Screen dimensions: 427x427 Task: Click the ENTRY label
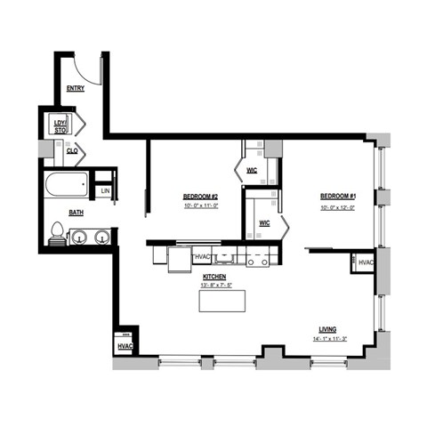pyautogui.click(x=77, y=89)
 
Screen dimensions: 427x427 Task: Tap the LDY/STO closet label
pyautogui.click(x=60, y=125)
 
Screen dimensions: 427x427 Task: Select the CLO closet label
pyautogui.click(x=71, y=151)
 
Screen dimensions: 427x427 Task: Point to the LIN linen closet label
pyautogui.click(x=105, y=190)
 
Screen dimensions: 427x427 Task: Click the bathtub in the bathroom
pyautogui.click(x=67, y=188)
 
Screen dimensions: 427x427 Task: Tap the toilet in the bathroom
pyautogui.click(x=58, y=235)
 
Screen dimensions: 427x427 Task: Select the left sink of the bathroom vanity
pyautogui.click(x=80, y=237)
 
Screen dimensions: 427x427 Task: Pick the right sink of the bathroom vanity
pyautogui.click(x=101, y=237)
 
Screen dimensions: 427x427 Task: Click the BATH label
pyautogui.click(x=77, y=213)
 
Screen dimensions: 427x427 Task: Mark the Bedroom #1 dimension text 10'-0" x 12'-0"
pyautogui.click(x=338, y=206)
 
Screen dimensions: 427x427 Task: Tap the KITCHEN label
pyautogui.click(x=213, y=277)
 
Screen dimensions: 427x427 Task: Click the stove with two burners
pyautogui.click(x=258, y=261)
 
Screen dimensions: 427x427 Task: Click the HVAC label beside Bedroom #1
pyautogui.click(x=366, y=262)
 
